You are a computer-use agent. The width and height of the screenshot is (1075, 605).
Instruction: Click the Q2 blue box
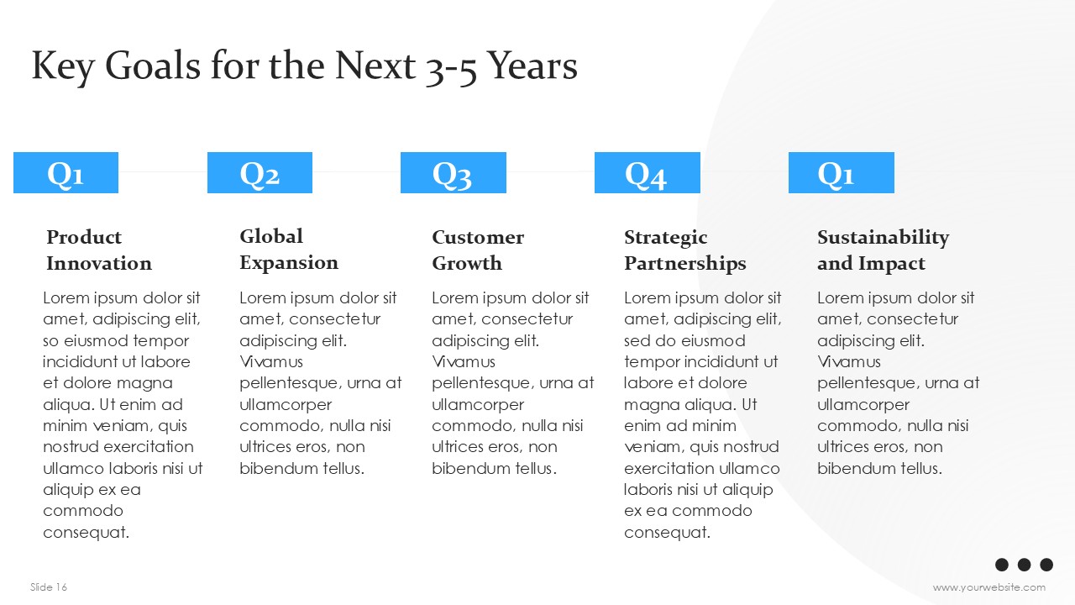point(260,173)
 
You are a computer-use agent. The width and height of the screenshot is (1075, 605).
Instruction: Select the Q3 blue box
point(454,173)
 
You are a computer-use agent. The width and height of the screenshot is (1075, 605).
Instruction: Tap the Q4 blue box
point(648,173)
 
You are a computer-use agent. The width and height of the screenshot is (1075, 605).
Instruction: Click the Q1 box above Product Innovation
point(66,173)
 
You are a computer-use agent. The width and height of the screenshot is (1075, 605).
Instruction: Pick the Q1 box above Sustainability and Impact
point(842,173)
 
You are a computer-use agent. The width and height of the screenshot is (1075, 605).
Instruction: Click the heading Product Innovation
point(99,250)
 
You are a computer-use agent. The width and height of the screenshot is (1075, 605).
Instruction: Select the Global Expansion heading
point(289,250)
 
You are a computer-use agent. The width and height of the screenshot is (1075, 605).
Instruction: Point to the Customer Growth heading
point(478,250)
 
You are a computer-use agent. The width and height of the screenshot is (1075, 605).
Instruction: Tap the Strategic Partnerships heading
point(684,251)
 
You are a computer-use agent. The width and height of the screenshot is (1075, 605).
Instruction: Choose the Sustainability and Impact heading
point(883,251)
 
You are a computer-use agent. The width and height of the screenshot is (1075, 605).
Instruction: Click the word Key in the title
point(62,67)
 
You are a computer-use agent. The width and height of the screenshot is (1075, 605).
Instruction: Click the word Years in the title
point(532,66)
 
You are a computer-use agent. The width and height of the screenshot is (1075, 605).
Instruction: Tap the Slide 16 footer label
point(49,587)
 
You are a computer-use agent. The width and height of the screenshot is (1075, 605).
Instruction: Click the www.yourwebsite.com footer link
point(989,587)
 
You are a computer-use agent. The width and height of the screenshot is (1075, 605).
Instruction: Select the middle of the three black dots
point(1024,565)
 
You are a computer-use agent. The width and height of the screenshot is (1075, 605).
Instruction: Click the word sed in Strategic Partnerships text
point(637,341)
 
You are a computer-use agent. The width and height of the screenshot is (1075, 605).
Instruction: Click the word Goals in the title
point(153,66)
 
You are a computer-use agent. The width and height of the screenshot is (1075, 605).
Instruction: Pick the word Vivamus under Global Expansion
point(271,362)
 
